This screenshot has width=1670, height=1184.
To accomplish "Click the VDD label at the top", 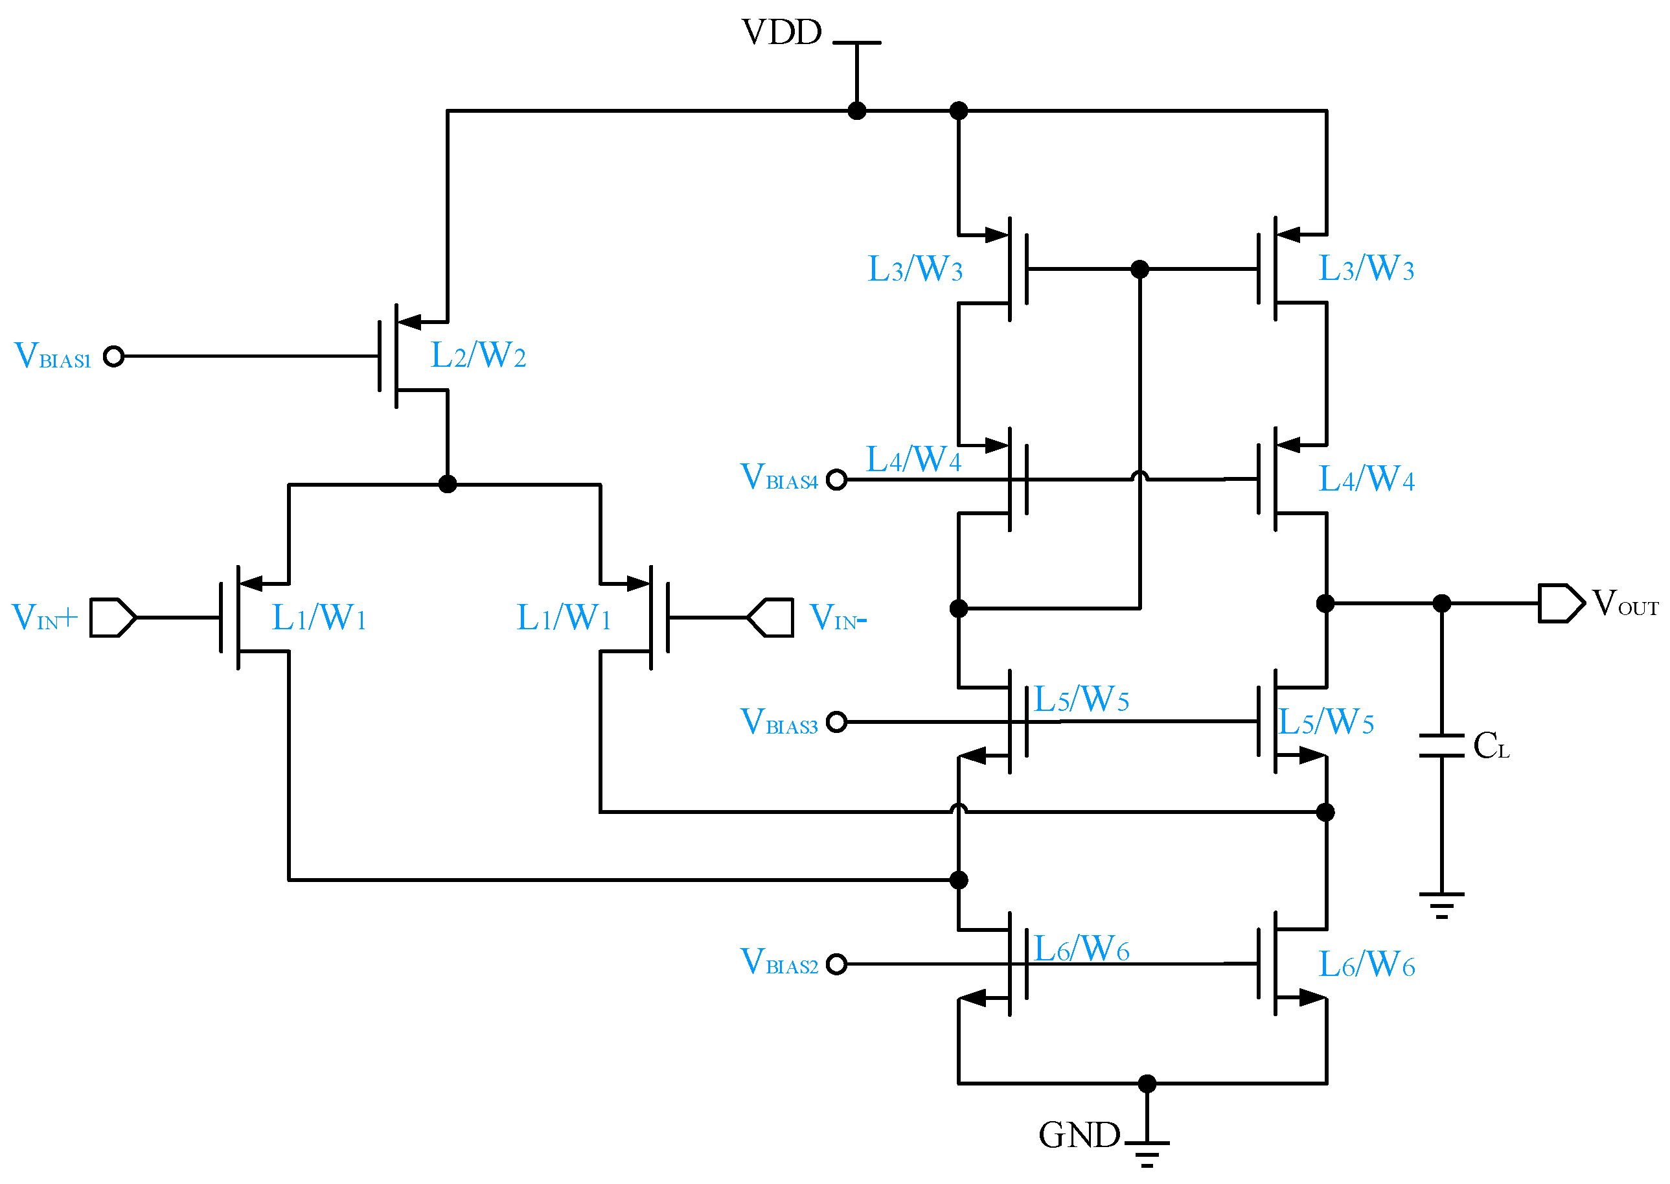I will pyautogui.click(x=781, y=33).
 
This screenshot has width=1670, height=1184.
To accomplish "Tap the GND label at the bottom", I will pyautogui.click(x=1079, y=1135).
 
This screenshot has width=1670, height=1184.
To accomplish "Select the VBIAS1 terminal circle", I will pyautogui.click(x=113, y=356).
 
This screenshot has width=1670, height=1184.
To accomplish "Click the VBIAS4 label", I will pyautogui.click(x=779, y=478).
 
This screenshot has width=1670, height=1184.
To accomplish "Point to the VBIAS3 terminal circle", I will pyautogui.click(x=837, y=722).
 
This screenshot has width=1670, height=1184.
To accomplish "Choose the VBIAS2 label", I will pyautogui.click(x=779, y=962).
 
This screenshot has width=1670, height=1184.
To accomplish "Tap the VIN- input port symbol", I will pyautogui.click(x=771, y=618).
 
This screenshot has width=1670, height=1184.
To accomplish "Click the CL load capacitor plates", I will pyautogui.click(x=1441, y=746).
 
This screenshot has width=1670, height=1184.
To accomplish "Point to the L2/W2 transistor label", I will pyautogui.click(x=478, y=356).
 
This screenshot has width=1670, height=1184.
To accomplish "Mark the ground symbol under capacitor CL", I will pyautogui.click(x=1441, y=905).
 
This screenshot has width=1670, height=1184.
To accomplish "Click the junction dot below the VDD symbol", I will pyautogui.click(x=857, y=111).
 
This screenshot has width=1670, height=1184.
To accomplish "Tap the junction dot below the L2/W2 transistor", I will pyautogui.click(x=448, y=484).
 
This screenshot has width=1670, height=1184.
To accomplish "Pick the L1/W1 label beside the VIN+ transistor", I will pyautogui.click(x=319, y=618).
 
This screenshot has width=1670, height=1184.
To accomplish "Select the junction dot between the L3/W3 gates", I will pyautogui.click(x=1139, y=269).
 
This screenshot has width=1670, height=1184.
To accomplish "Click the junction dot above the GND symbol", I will pyautogui.click(x=1147, y=1084).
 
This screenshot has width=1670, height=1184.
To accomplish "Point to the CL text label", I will pyautogui.click(x=1491, y=746).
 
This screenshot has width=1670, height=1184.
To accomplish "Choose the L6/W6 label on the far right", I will pyautogui.click(x=1366, y=966).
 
